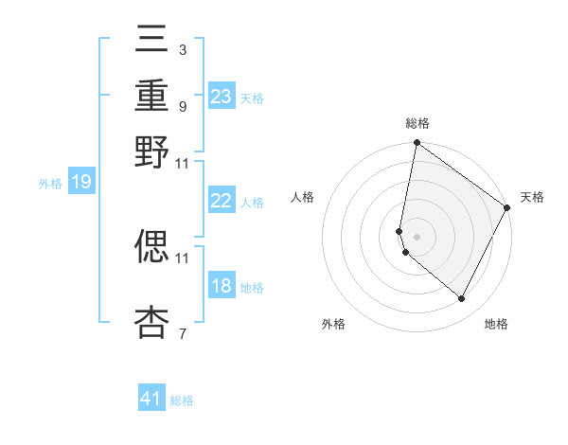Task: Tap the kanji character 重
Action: pos(152,97)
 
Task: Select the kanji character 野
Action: pos(152,151)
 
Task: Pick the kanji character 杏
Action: pos(152,322)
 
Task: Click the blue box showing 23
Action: pos(222,97)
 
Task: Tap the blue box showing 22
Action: pos(222,201)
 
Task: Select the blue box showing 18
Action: pos(222,286)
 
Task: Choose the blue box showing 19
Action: pos(80,183)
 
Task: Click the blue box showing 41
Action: pos(151,399)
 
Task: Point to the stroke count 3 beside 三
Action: pos(182,49)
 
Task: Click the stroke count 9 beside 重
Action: pos(182,107)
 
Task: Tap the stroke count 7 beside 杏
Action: pos(182,333)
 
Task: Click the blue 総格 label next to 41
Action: pos(182,400)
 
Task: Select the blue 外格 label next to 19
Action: pos(50,184)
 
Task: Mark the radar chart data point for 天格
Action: pos(507,208)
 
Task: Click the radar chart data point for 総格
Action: pos(417,144)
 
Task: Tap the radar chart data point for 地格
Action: pos(462,299)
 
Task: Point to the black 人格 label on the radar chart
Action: pos(303,197)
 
